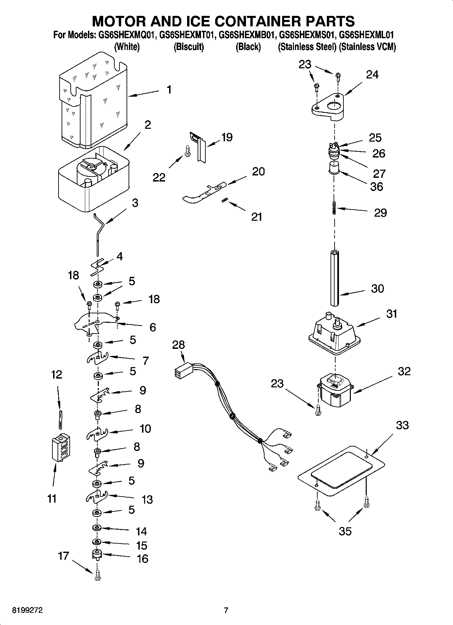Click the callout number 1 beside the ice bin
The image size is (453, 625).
tap(169, 90)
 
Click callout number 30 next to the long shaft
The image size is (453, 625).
tap(378, 289)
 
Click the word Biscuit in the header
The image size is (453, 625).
tap(188, 47)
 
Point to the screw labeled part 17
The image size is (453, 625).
tap(97, 575)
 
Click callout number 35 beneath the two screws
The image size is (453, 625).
tap(345, 531)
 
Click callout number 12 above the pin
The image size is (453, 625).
tap(56, 375)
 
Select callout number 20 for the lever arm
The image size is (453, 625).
tap(258, 171)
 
